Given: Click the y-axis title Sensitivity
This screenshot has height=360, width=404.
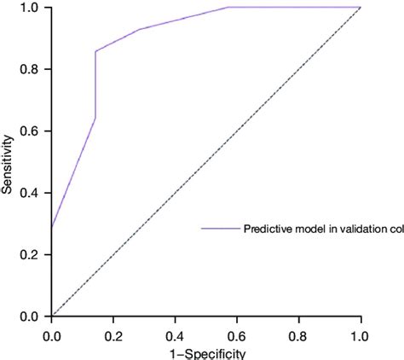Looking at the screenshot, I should (8, 161).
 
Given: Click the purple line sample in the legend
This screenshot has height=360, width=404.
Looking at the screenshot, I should (220, 228).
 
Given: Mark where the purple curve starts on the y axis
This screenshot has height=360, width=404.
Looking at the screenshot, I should (51, 228).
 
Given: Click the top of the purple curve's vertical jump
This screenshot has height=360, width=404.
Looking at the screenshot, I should (95, 51).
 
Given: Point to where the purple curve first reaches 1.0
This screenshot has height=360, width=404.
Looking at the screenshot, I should (228, 8).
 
